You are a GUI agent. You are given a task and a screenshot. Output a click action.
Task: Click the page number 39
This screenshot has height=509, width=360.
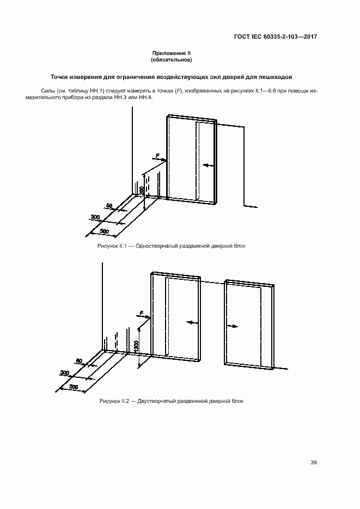(x=313, y=463)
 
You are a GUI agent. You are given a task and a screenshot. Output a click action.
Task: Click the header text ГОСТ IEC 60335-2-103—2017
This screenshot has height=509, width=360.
(x=276, y=37)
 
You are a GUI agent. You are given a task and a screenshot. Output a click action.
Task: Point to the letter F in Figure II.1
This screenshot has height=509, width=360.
(x=158, y=156)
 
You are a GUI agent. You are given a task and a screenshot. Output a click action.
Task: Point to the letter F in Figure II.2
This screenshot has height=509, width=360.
(x=141, y=313)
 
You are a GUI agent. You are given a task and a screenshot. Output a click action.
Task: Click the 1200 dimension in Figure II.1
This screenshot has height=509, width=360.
(x=141, y=191)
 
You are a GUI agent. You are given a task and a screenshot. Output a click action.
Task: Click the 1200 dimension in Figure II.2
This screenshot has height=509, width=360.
(x=136, y=346)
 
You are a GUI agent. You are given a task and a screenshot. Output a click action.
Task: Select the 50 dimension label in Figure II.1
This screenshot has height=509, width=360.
(x=109, y=206)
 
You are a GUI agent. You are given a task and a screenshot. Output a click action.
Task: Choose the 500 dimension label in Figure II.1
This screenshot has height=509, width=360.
(x=105, y=232)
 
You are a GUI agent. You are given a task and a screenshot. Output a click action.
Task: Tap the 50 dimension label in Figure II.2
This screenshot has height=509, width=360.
(x=79, y=361)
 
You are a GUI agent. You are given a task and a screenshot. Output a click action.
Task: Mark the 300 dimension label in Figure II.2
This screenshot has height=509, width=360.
(x=65, y=373)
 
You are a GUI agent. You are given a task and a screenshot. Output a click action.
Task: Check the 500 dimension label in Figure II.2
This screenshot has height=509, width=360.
(x=74, y=387)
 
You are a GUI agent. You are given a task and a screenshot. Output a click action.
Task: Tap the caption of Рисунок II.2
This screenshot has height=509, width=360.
(x=171, y=401)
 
